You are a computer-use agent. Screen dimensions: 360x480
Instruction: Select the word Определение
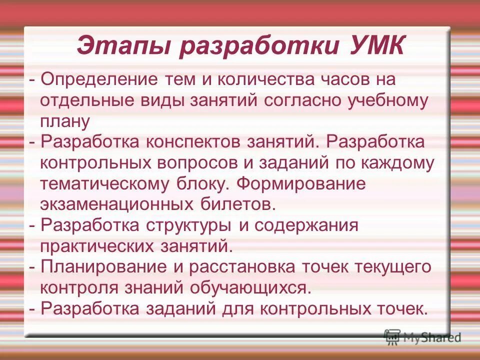coord(98,79)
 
